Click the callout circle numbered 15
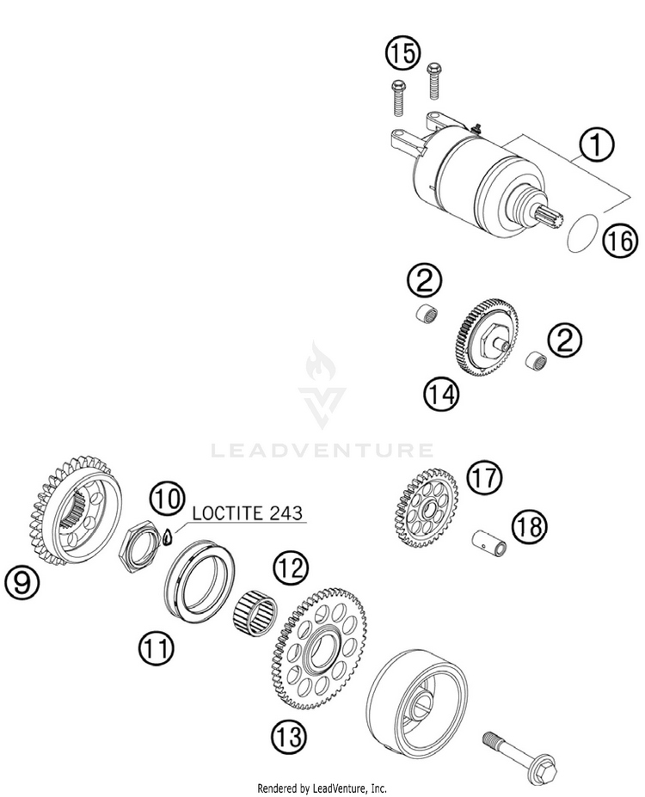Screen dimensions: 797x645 pyautogui.click(x=402, y=55)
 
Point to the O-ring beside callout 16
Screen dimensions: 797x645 pyautogui.click(x=583, y=234)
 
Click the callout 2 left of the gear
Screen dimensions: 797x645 pyautogui.click(x=425, y=282)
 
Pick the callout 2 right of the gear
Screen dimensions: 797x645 pyautogui.click(x=564, y=341)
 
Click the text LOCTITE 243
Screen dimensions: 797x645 pyautogui.click(x=248, y=514)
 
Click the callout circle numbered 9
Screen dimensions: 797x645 pyautogui.click(x=22, y=583)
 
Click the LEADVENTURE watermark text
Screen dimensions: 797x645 pyautogui.click(x=322, y=450)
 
